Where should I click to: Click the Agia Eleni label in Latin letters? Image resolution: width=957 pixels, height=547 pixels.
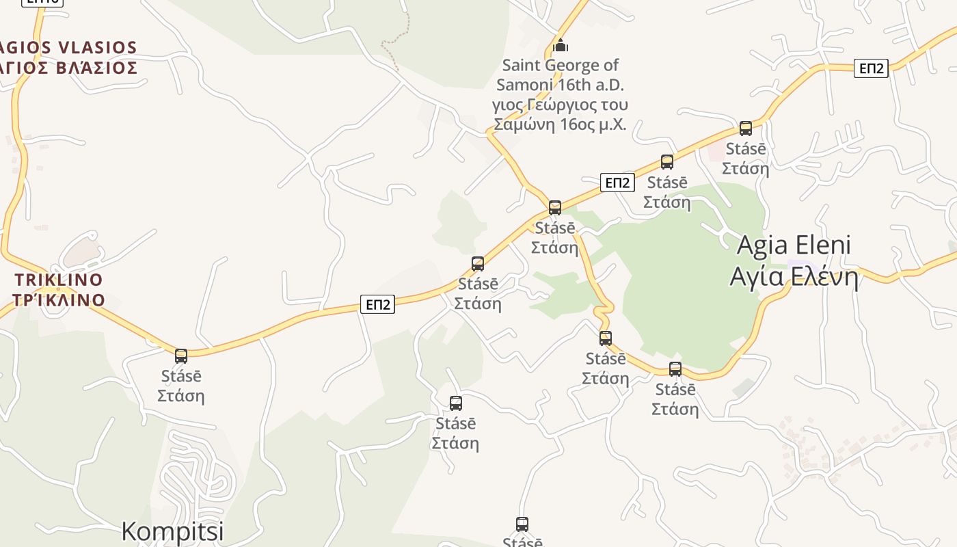click(x=794, y=245)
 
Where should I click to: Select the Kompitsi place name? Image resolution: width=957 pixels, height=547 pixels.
click(x=172, y=531)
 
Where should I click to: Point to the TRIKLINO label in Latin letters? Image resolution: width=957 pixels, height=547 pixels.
click(x=59, y=280)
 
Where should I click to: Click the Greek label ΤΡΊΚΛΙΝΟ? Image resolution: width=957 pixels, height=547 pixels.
click(x=59, y=299)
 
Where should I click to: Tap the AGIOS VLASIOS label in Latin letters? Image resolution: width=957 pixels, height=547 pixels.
click(x=68, y=47)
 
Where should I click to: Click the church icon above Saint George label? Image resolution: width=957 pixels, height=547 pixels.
click(x=561, y=46)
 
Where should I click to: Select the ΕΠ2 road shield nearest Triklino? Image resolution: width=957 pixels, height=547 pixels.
click(x=377, y=304)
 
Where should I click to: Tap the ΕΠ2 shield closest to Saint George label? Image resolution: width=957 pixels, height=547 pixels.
click(x=617, y=183)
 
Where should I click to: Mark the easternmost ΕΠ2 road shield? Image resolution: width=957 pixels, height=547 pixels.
click(x=871, y=68)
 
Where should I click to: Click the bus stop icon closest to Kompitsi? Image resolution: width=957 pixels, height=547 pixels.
click(x=181, y=356)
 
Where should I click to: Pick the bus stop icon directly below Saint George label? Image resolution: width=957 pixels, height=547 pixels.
click(x=555, y=207)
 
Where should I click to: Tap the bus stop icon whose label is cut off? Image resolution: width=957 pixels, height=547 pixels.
click(x=522, y=524)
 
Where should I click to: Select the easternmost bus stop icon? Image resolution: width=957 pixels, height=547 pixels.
click(x=746, y=128)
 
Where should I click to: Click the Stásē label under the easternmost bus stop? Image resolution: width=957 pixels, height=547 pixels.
click(x=746, y=148)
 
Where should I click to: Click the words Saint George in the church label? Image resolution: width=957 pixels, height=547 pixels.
click(x=560, y=65)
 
